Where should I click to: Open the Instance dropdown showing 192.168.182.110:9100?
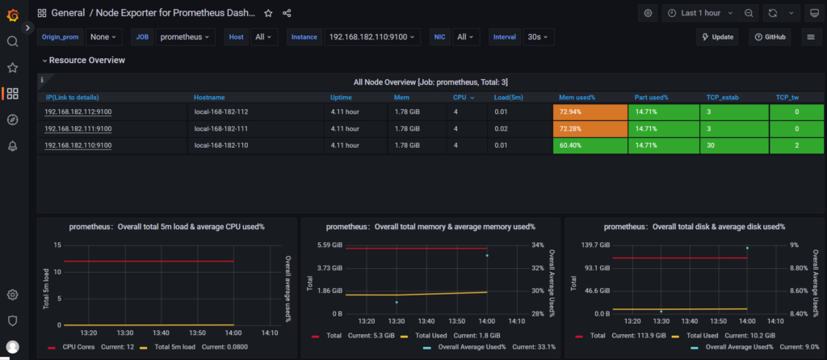click(373, 37)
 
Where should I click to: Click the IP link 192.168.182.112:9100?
click(78, 111)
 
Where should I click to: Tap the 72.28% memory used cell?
click(590, 128)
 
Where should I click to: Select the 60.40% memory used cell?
click(590, 145)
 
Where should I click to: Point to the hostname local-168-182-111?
click(221, 128)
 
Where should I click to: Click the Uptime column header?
click(342, 97)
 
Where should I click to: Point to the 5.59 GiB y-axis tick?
click(330, 245)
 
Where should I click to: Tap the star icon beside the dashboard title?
click(268, 13)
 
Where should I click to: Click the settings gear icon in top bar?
click(648, 13)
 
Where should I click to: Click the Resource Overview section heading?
click(86, 61)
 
